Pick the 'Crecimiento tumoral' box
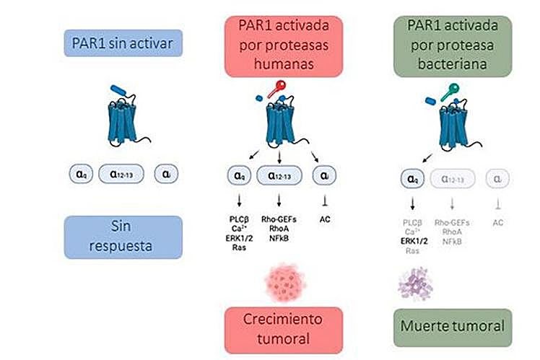pos(276,328)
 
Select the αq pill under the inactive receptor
pos(81,173)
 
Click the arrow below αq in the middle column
pos(239,199)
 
